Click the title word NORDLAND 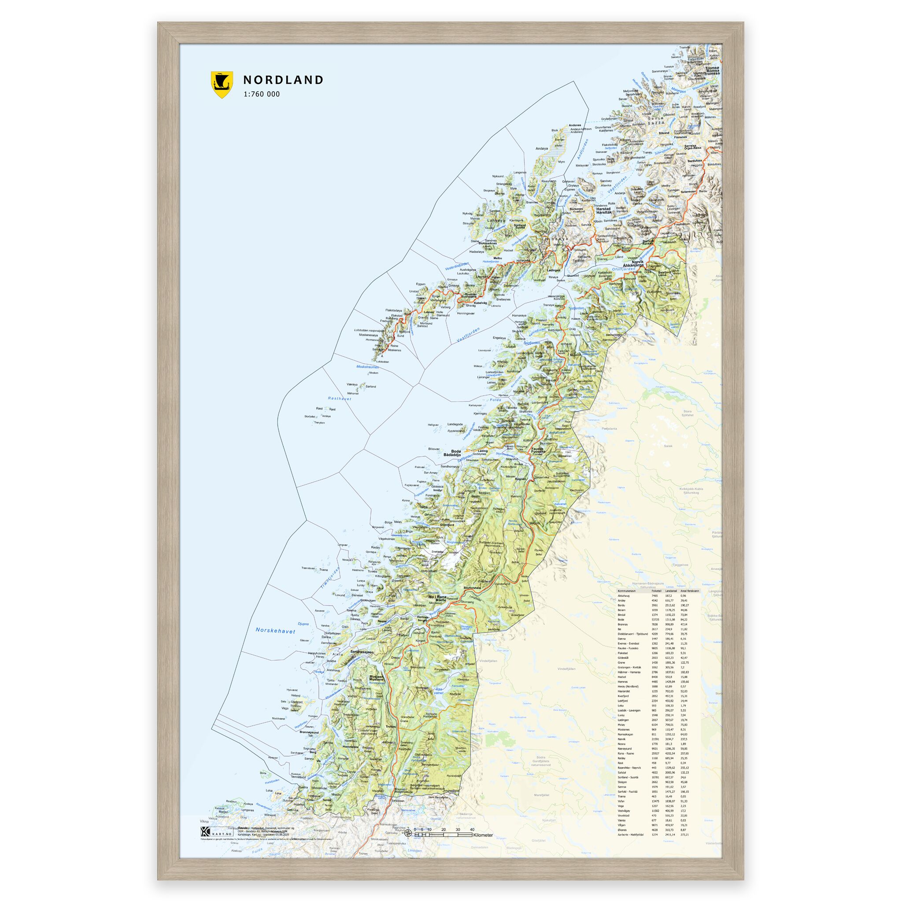coord(283,80)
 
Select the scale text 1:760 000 coord(262,94)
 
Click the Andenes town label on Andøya coord(575,125)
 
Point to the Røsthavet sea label coord(340,399)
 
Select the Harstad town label coord(604,209)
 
